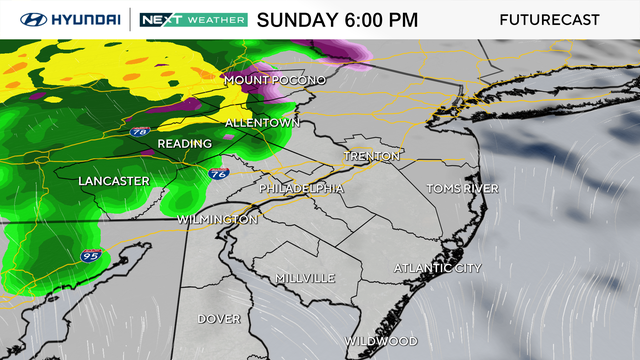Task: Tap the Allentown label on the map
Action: pyautogui.click(x=262, y=123)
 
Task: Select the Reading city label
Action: pyautogui.click(x=184, y=144)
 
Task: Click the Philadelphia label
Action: pyautogui.click(x=301, y=188)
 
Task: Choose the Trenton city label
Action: pyautogui.click(x=372, y=157)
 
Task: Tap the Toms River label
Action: pyautogui.click(x=462, y=188)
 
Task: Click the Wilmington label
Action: pyautogui.click(x=217, y=219)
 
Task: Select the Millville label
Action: pyautogui.click(x=306, y=277)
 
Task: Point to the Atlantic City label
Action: pyautogui.click(x=438, y=268)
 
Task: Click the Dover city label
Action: pyautogui.click(x=218, y=319)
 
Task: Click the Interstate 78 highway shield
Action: pyautogui.click(x=138, y=130)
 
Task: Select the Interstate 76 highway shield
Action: pyautogui.click(x=217, y=173)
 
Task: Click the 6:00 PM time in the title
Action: pyautogui.click(x=380, y=19)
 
